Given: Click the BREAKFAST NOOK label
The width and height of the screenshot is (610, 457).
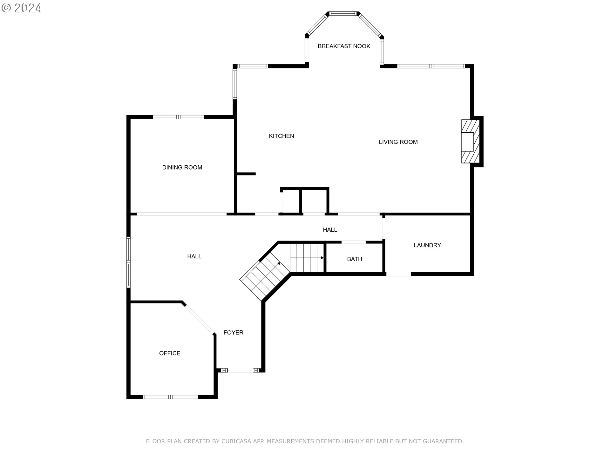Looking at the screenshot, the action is pos(344,46).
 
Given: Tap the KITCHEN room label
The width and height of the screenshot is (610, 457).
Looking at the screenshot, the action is pos(281,136).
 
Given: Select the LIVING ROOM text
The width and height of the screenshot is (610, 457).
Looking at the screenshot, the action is pos(398,142).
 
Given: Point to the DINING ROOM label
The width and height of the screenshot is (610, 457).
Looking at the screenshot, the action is pos(182,168).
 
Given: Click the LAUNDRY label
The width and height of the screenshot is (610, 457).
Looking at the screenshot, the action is pos(427,245).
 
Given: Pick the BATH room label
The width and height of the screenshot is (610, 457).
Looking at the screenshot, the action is pos(355,259).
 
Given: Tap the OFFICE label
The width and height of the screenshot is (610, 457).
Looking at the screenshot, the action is pos(170,353).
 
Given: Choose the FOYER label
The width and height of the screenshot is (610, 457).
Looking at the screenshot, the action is pos(233,333).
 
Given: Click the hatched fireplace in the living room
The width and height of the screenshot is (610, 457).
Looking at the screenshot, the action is pos(471,142).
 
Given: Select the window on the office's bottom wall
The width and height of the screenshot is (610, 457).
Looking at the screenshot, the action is pos(170,397).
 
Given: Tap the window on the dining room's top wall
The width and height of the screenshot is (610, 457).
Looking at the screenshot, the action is pos(178,117).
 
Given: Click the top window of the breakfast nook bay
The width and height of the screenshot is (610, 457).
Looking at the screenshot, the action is pos(343,14).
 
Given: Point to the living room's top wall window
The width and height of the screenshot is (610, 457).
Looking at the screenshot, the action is pos(431,66).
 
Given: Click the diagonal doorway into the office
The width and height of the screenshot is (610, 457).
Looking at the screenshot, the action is pos(199,318).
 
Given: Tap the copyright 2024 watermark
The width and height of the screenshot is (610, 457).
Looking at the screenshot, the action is pos(21,8).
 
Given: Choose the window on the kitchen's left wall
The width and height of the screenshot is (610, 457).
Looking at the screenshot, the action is pos(235,84).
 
